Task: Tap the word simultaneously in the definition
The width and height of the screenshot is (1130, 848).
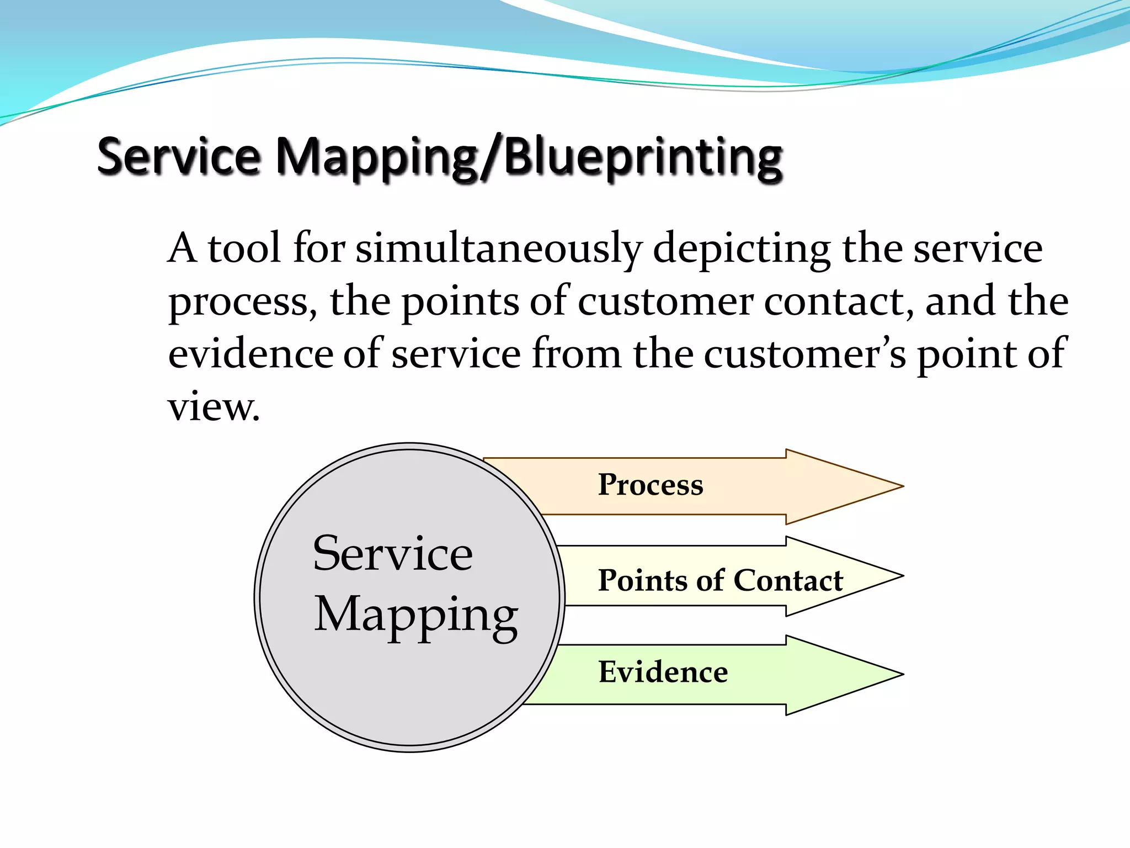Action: click(x=499, y=248)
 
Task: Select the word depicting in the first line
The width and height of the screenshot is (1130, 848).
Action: click(x=742, y=248)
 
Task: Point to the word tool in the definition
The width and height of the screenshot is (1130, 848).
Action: click(x=244, y=248)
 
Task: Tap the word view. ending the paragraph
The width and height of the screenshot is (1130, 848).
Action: click(x=214, y=407)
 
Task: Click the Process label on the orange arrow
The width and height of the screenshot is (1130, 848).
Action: click(x=651, y=485)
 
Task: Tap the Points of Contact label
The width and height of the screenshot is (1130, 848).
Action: click(x=720, y=580)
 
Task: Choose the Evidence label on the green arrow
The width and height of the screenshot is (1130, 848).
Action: click(x=663, y=672)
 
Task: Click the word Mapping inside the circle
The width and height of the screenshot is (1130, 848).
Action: click(x=416, y=616)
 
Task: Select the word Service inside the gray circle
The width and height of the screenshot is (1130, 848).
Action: click(x=392, y=554)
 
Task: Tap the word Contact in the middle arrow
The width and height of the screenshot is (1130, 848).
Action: click(x=788, y=580)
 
